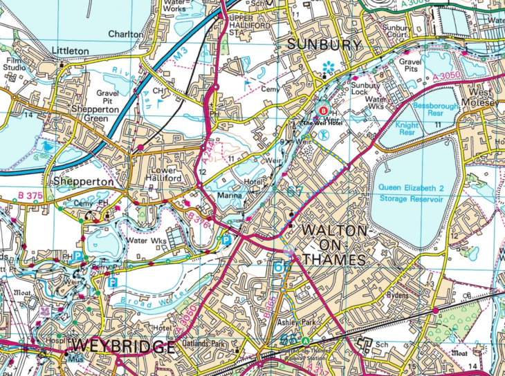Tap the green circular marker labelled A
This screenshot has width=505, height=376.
pos(305,341)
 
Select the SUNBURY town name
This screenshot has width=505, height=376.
pos(324,46)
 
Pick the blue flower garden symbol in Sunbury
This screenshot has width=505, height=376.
pos(328,68)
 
